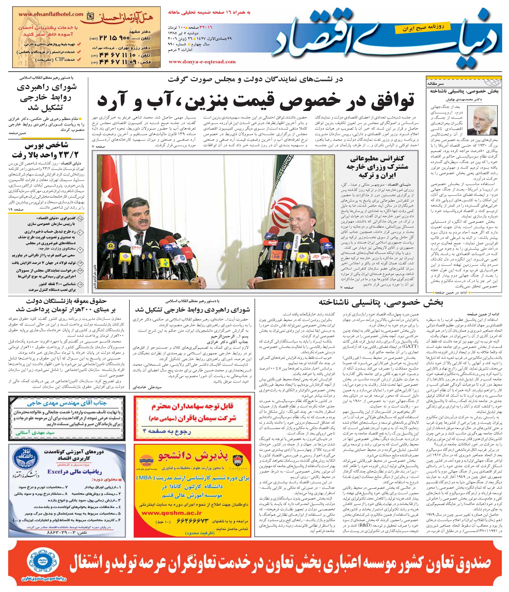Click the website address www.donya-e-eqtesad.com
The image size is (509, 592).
[x=202, y=62]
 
